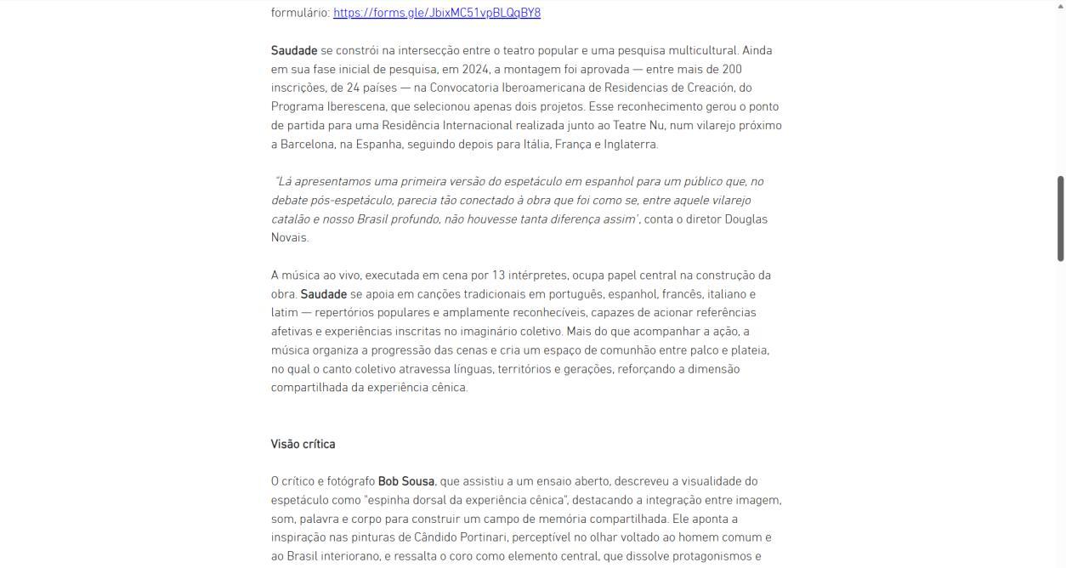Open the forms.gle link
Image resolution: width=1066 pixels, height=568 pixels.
coord(436,13)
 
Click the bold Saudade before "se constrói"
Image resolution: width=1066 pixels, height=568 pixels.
coord(294,50)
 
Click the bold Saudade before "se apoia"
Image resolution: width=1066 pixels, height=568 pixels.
coord(323,294)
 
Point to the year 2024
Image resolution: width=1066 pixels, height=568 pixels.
coord(476,69)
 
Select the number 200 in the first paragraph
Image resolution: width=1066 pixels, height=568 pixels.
coord(731,69)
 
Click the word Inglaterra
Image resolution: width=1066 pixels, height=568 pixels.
coord(631,144)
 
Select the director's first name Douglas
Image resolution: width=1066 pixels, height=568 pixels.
coord(746,219)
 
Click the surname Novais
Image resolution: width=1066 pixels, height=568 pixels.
coord(288,237)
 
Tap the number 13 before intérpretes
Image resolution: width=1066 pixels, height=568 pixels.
coord(499,275)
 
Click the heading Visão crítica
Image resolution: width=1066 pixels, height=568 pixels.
coord(303,444)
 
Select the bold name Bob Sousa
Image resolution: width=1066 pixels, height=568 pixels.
coord(405,481)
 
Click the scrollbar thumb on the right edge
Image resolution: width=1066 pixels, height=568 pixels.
coord(1060,218)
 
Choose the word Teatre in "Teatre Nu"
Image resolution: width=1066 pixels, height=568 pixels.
coord(629,125)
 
